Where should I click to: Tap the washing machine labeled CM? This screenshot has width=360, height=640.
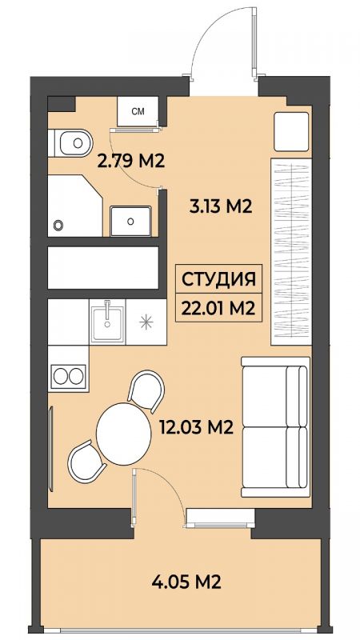point(138,111)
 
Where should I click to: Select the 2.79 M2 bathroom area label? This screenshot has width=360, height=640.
point(130,162)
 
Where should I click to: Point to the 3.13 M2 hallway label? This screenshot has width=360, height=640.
point(219,207)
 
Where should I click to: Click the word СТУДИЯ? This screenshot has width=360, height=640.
point(218,279)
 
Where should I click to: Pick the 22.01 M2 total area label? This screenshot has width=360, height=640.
point(218,307)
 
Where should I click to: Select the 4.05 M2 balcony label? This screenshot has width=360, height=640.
point(186,581)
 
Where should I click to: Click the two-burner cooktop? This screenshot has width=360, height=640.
point(68,376)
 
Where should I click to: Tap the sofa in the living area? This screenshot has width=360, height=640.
point(275,426)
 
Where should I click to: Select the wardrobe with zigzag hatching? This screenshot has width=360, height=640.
point(291,251)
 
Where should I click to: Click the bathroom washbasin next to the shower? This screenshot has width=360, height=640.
point(130,222)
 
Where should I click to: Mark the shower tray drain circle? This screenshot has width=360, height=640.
point(58,225)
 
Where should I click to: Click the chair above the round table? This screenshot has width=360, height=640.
point(146,390)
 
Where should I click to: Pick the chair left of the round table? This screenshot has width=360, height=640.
point(86,462)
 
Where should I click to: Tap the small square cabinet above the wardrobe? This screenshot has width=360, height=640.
point(291,131)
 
